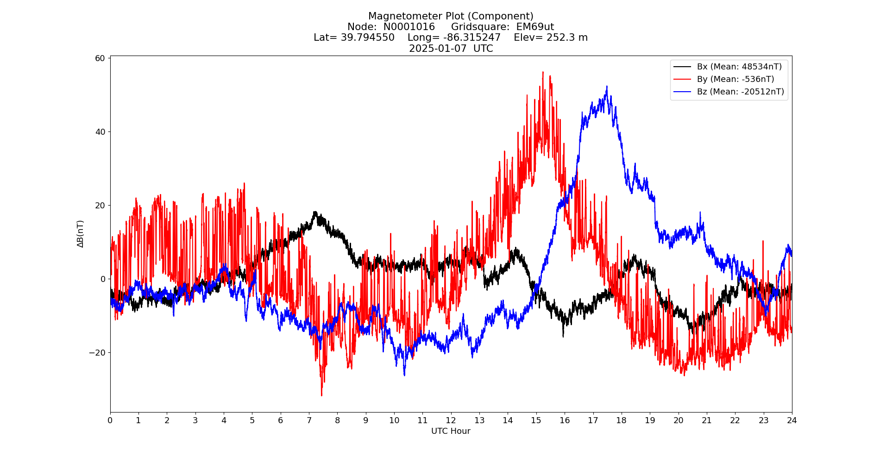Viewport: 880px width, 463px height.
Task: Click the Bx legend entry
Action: (739, 67)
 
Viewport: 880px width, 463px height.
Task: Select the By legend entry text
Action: (735, 79)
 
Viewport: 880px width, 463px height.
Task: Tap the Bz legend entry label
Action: (741, 92)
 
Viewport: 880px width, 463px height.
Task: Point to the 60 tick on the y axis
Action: (101, 58)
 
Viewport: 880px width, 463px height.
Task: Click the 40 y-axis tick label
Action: (101, 132)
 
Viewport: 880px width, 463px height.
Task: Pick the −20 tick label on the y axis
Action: (97, 353)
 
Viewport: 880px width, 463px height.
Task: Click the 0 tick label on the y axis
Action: (103, 279)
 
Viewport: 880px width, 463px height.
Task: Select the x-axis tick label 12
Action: (451, 420)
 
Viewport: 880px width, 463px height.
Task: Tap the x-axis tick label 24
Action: (792, 420)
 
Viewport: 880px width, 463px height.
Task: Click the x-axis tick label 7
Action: (309, 420)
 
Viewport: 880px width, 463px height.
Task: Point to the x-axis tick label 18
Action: (621, 420)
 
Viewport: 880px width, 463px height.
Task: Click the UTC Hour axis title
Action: (451, 431)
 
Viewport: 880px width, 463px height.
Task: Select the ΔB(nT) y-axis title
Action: (81, 234)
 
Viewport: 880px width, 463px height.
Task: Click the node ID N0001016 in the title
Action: (409, 27)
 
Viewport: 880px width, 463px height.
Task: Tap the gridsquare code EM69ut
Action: (535, 27)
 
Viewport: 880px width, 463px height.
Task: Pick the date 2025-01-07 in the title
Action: (438, 49)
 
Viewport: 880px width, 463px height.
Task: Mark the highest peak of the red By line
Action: (543, 72)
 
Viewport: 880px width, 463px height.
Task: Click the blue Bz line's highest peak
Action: (607, 86)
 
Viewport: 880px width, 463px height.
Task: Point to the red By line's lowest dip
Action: (321, 395)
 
